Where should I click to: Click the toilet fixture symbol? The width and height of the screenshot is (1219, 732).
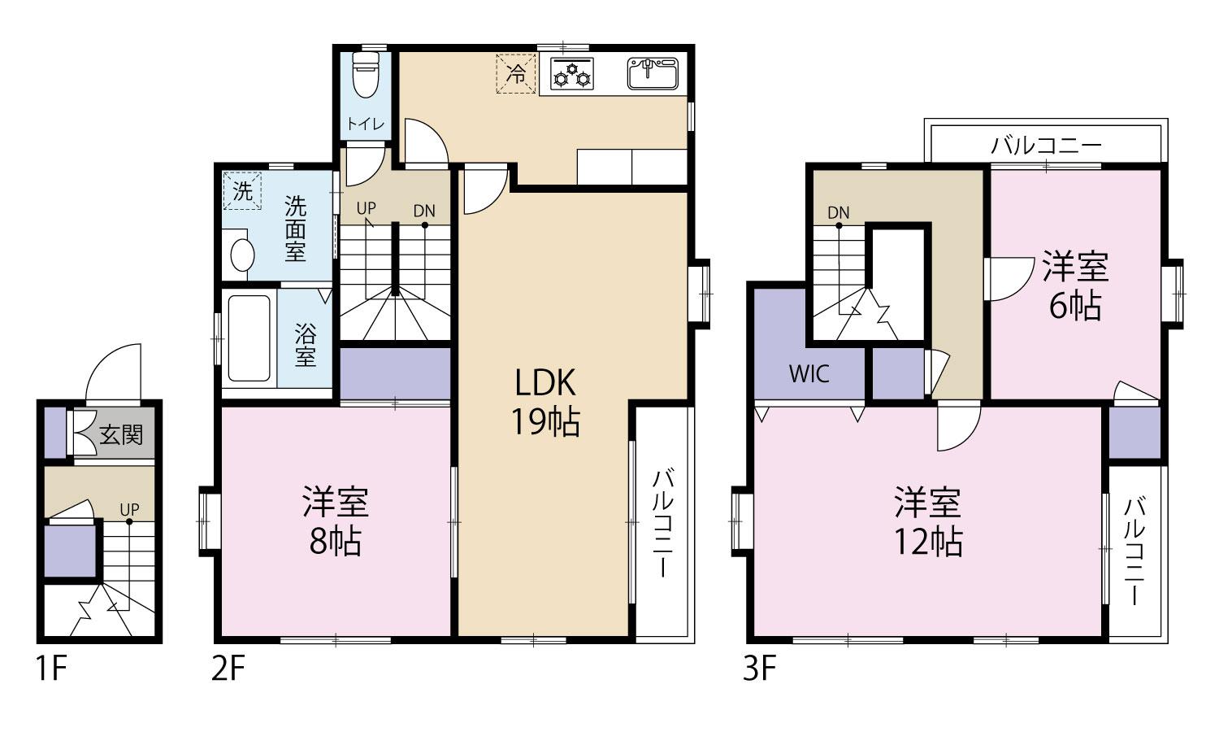pyautogui.click(x=365, y=75)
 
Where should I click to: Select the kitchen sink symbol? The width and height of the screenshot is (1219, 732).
pyautogui.click(x=653, y=73)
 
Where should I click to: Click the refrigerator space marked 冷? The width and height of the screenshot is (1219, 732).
pyautogui.click(x=516, y=74)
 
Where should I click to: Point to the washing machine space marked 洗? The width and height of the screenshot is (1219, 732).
pyautogui.click(x=243, y=191)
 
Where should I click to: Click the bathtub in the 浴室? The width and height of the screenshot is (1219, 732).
pyautogui.click(x=249, y=338)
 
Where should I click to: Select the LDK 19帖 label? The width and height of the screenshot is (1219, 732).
pyautogui.click(x=545, y=402)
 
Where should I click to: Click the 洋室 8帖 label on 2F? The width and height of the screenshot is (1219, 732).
pyautogui.click(x=336, y=521)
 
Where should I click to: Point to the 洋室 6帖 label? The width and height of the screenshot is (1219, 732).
pyautogui.click(x=1075, y=285)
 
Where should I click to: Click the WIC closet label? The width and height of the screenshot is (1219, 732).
pyautogui.click(x=809, y=374)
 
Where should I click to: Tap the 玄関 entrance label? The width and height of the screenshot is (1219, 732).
pyautogui.click(x=121, y=435)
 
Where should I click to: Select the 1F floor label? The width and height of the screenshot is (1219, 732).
pyautogui.click(x=51, y=669)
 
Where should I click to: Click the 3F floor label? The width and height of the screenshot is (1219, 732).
pyautogui.click(x=759, y=669)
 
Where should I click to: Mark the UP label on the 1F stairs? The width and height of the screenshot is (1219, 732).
pyautogui.click(x=129, y=510)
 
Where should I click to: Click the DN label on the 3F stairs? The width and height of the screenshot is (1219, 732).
pyautogui.click(x=838, y=213)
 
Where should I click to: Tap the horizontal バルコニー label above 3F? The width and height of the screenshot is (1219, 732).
pyautogui.click(x=1046, y=146)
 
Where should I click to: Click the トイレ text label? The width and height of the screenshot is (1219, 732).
pyautogui.click(x=366, y=124)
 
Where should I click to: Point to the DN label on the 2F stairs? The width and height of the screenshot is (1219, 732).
pyautogui.click(x=424, y=211)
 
